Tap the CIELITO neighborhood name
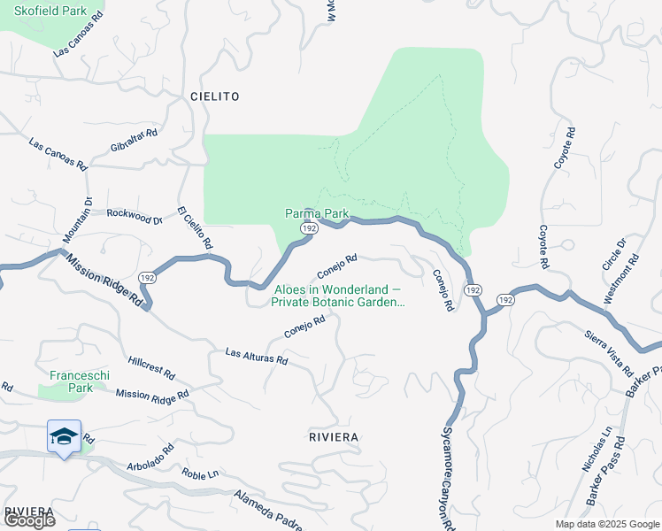tap(214, 96)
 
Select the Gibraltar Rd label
tap(135, 141)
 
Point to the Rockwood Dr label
tap(135, 215)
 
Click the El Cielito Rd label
tap(196, 227)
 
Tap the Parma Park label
tap(317, 213)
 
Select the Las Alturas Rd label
tap(257, 356)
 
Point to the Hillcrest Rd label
tap(151, 367)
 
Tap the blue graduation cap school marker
tap(64, 435)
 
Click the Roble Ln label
tap(200, 474)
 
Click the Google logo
tap(29, 520)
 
